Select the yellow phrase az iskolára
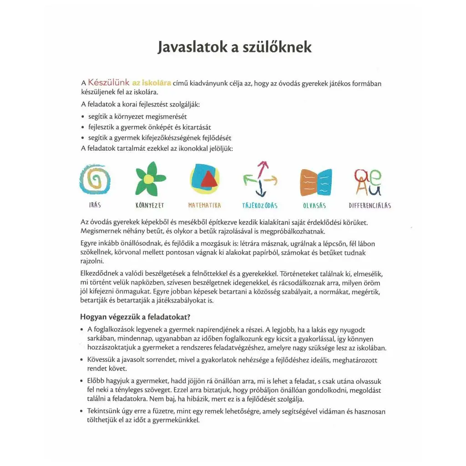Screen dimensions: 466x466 (152, 83)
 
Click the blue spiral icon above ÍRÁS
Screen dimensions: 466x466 (95, 179)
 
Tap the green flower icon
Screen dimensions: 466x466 (150, 179)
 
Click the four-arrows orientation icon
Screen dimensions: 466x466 (260, 179)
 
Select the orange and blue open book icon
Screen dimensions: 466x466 (315, 182)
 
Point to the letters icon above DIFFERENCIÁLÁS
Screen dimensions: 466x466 (369, 182)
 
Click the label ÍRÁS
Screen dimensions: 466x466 (95, 205)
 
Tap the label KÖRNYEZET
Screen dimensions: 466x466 (150, 205)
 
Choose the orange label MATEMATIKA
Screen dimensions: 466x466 (205, 205)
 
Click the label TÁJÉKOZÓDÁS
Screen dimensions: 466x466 (260, 205)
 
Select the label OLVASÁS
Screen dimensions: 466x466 (314, 205)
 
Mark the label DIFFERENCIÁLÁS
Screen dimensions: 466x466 (370, 205)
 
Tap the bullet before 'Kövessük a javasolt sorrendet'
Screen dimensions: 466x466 (82, 360)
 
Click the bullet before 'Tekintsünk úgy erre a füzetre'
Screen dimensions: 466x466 (82, 412)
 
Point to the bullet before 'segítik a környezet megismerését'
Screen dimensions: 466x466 (83, 116)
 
